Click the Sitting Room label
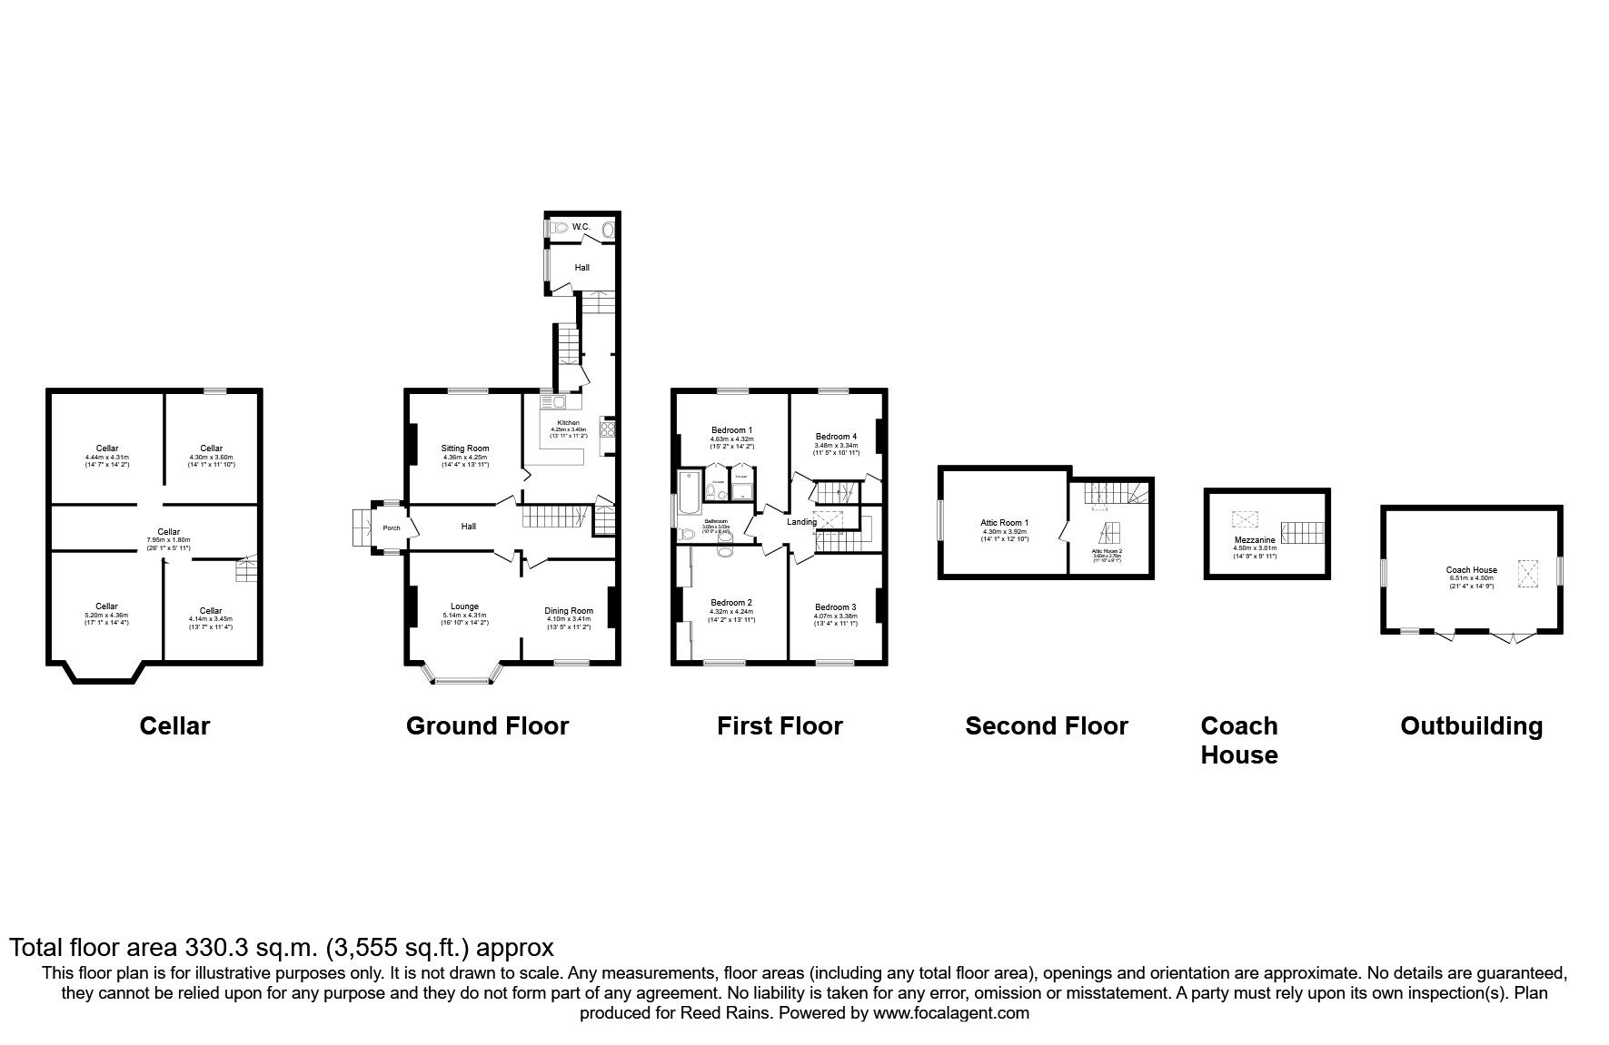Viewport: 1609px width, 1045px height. (465, 449)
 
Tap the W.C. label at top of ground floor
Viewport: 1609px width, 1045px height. (581, 227)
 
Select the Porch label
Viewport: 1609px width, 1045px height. (392, 527)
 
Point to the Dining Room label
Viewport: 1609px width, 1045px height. (569, 611)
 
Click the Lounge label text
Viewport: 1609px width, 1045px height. (464, 606)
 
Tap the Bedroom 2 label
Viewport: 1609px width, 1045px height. (730, 603)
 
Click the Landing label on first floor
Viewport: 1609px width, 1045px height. (801, 522)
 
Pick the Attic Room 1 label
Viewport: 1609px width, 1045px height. (1004, 523)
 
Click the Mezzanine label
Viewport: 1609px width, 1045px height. (1255, 540)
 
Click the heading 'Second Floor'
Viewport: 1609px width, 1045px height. (1046, 726)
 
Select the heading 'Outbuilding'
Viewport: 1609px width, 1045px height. (1471, 726)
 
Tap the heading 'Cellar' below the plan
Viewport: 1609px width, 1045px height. (174, 726)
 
